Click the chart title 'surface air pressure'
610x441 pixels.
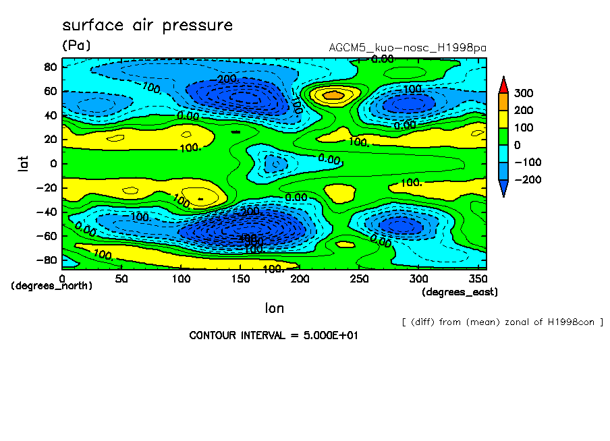[147, 26]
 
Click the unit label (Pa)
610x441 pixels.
[76, 46]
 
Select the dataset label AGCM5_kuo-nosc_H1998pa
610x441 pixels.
[407, 48]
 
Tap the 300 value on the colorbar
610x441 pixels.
[525, 93]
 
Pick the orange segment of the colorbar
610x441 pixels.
[503, 101]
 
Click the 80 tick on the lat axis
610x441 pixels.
[50, 66]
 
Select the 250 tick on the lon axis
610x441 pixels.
[360, 278]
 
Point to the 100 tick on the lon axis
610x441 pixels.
[181, 278]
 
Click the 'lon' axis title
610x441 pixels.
[274, 308]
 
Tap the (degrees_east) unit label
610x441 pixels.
[460, 292]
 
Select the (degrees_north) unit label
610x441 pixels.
[52, 286]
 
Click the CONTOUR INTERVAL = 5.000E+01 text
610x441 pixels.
[273, 335]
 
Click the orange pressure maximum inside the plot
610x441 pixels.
[333, 95]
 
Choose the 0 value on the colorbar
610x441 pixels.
[518, 145]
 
